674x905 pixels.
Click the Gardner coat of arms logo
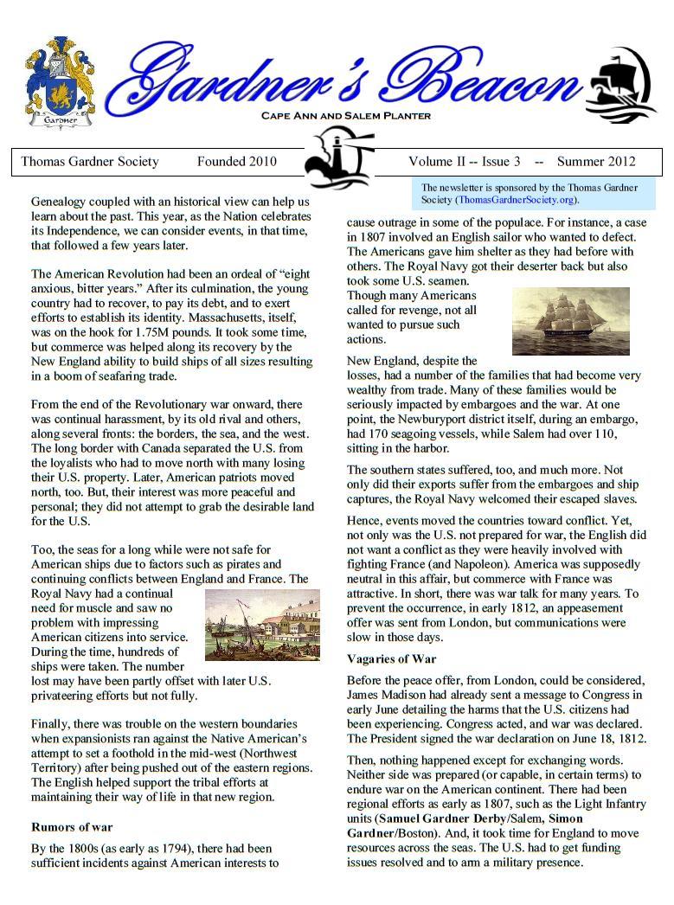59,82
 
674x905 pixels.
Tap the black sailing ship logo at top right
619,85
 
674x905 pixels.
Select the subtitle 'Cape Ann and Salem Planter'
345,116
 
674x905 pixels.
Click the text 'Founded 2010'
236,161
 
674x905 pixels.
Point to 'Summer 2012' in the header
596,161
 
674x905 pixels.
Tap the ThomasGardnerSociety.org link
517,199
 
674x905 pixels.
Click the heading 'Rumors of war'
71,827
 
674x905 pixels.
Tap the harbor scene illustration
261,625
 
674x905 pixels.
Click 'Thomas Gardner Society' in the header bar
90,161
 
